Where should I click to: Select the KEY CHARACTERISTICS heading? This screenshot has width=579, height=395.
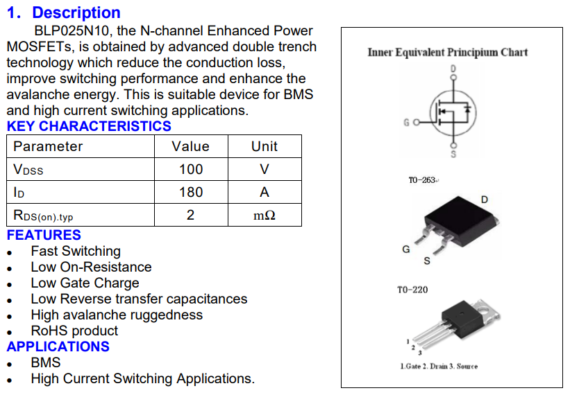[89, 126]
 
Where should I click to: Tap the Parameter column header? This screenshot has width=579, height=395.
[48, 146]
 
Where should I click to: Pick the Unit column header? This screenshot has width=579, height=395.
[264, 146]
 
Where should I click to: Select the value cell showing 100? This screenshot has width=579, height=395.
[191, 169]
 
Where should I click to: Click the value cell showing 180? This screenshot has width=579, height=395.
[191, 192]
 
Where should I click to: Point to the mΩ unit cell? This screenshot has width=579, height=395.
[264, 215]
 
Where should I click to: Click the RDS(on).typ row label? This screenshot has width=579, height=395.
[43, 216]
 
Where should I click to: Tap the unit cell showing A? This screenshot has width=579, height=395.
[264, 192]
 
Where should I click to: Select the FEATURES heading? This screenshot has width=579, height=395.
[44, 235]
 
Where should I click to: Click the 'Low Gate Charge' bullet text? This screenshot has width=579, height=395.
[85, 283]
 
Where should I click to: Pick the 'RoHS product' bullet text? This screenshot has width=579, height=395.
[74, 331]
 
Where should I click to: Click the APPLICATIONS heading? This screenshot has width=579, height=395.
[58, 346]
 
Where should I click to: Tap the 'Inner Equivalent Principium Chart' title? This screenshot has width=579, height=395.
[448, 52]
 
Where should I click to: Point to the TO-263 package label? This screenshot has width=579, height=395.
[422, 180]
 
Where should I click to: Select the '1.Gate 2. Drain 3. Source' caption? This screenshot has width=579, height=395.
[439, 366]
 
